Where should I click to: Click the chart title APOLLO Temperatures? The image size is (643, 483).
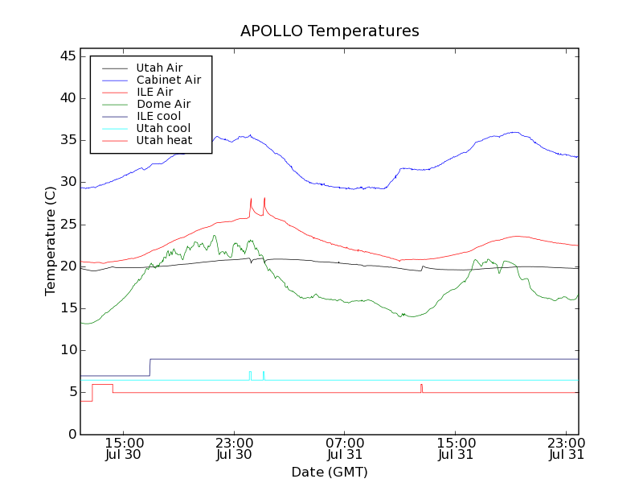(330, 31)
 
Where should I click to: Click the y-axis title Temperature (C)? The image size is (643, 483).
(51, 241)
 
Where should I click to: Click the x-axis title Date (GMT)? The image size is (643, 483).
(330, 472)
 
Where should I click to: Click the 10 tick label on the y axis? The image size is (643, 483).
(68, 350)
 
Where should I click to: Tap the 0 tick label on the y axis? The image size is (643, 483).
(72, 434)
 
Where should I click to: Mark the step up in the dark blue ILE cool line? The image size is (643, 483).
(149, 367)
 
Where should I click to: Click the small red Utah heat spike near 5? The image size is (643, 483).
(421, 387)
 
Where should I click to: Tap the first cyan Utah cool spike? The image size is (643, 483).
(250, 374)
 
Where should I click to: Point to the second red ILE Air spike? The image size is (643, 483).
(264, 200)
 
